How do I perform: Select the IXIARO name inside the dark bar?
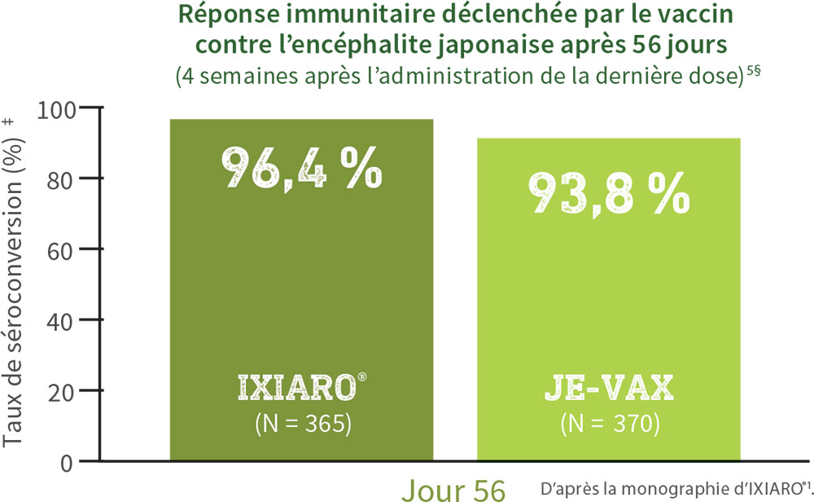(x=295, y=390)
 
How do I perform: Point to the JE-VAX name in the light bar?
(x=608, y=390)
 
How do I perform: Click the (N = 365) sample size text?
(x=301, y=424)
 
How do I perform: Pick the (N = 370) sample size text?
(x=608, y=424)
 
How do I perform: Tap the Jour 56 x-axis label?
(x=453, y=489)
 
